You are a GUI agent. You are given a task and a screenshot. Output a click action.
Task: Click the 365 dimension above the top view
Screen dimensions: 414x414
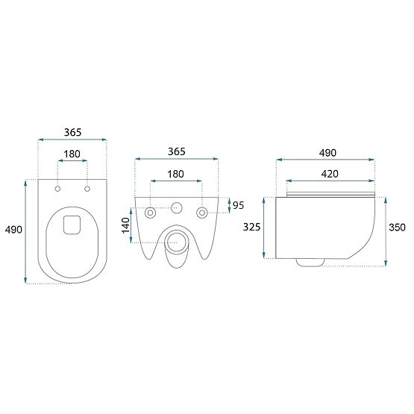(x=72, y=132)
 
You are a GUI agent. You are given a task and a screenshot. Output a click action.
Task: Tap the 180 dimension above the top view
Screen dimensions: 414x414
(x=72, y=154)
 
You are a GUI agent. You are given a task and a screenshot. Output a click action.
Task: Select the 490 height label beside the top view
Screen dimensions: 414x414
(x=13, y=230)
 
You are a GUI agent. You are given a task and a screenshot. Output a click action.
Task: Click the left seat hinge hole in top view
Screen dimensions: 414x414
(x=57, y=189)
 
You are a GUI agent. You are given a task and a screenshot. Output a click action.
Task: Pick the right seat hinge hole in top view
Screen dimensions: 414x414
(x=87, y=189)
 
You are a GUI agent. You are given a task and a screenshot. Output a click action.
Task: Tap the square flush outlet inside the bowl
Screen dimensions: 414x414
(x=72, y=225)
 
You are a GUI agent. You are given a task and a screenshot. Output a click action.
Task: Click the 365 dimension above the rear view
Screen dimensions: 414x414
(x=177, y=151)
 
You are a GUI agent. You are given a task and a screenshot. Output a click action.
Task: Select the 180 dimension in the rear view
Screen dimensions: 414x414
(x=175, y=174)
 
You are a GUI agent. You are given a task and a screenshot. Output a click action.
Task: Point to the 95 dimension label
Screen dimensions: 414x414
(x=239, y=205)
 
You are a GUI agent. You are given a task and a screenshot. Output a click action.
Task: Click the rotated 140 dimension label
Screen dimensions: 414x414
(x=126, y=225)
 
